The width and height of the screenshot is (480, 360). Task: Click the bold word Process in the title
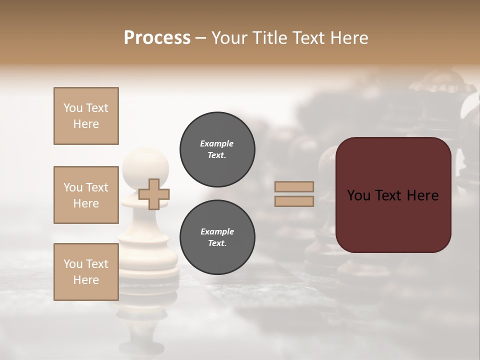coord(157,38)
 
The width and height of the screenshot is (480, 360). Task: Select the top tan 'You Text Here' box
coord(86,116)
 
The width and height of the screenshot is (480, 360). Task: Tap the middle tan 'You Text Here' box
coord(86,195)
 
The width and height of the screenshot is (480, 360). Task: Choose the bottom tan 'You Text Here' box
coord(86,272)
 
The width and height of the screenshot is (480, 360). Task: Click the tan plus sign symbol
coord(154,194)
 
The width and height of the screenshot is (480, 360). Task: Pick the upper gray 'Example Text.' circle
coord(217,149)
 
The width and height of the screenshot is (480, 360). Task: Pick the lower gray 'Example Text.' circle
coord(217,237)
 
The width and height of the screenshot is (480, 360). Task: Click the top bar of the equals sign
coord(294,186)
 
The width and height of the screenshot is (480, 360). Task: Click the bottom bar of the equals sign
coord(294,201)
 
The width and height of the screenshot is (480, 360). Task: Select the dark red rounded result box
coord(393,195)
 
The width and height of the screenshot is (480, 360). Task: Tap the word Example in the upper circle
coord(217,143)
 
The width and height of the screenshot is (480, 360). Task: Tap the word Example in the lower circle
coord(217,231)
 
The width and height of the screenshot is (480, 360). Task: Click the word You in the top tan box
coord(73,108)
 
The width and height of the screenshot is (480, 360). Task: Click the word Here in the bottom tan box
coord(86,280)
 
